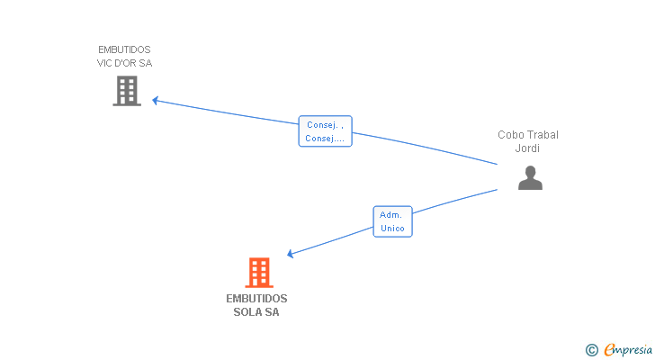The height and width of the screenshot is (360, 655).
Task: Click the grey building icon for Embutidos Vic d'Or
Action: click(127, 91)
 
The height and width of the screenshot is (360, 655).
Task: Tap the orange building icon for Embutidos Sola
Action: click(259, 272)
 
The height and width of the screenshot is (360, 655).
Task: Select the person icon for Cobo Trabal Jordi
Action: click(530, 178)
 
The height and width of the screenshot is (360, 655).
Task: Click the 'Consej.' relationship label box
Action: click(325, 131)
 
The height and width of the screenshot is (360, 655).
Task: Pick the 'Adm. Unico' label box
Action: click(392, 221)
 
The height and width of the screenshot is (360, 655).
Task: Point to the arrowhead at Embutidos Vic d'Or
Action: click(155, 100)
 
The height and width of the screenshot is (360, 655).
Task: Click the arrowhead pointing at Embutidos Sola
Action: click(290, 255)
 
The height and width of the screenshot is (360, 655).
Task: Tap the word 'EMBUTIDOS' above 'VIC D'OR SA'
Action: click(124, 49)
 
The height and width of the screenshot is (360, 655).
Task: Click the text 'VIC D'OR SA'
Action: click(124, 63)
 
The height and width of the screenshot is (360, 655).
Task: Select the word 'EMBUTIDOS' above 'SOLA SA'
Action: click(256, 298)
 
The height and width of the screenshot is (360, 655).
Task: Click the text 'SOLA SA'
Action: click(256, 312)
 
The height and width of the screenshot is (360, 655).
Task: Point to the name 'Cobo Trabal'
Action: click(528, 135)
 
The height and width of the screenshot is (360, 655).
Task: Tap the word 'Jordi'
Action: click(527, 148)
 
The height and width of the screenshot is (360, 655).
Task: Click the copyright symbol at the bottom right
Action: click(592, 349)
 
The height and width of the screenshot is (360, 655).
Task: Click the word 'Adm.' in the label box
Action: click(390, 215)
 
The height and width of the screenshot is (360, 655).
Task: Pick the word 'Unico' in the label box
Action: click(392, 229)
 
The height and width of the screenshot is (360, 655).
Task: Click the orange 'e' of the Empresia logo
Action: click(608, 349)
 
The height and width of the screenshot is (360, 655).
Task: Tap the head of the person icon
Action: click(530, 171)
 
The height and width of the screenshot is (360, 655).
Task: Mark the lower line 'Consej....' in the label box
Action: click(325, 139)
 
